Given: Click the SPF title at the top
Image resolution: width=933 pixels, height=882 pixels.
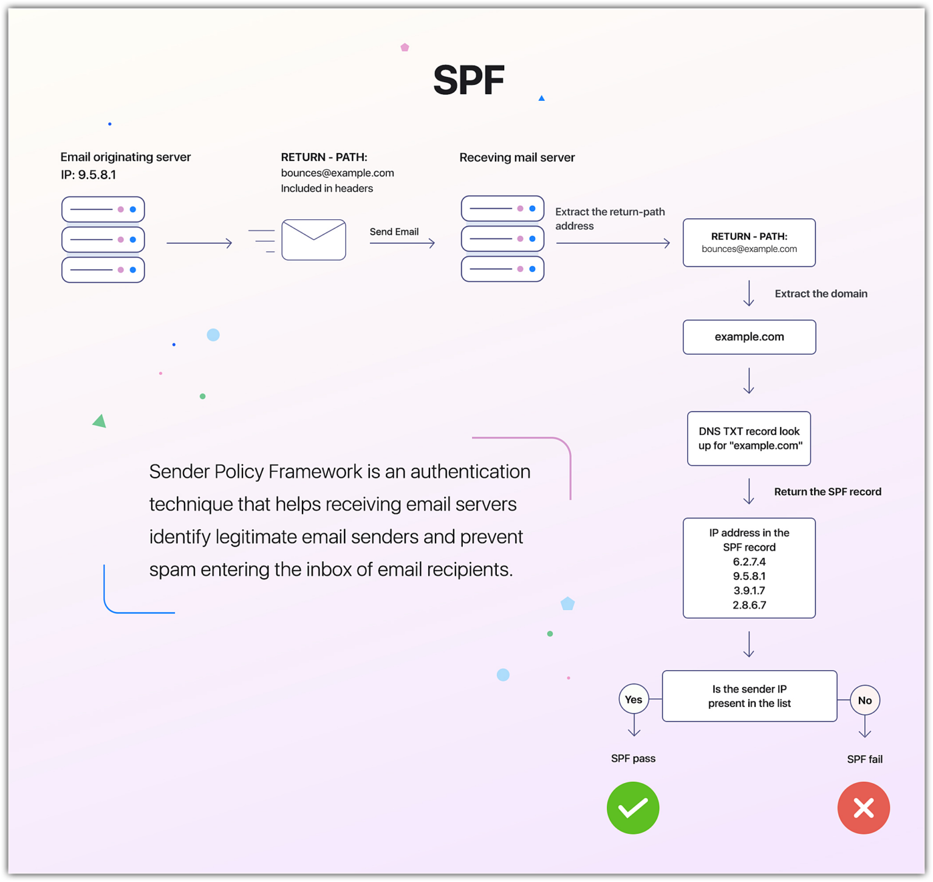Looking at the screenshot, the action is pyautogui.click(x=468, y=80).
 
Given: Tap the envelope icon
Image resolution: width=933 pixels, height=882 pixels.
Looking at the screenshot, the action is pyautogui.click(x=313, y=240).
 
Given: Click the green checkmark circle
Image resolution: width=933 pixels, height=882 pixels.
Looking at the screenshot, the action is pyautogui.click(x=633, y=808).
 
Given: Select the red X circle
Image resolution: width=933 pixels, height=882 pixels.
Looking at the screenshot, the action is pyautogui.click(x=864, y=808).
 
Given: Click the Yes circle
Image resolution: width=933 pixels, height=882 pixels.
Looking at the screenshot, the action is pyautogui.click(x=634, y=700).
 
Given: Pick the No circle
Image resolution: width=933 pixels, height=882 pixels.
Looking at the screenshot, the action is pyautogui.click(x=865, y=700).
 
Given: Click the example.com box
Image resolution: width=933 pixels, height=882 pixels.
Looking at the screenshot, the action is pyautogui.click(x=749, y=337).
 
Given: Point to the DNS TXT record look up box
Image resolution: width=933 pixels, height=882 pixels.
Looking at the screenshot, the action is pyautogui.click(x=749, y=439).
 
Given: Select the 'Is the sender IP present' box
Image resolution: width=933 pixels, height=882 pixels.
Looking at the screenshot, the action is pyautogui.click(x=750, y=696).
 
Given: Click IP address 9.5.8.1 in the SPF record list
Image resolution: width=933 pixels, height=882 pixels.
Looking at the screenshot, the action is pyautogui.click(x=749, y=576).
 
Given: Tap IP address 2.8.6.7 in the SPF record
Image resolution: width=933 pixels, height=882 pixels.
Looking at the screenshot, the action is pyautogui.click(x=749, y=605).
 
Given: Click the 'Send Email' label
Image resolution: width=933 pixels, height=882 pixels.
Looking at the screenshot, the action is pyautogui.click(x=394, y=232).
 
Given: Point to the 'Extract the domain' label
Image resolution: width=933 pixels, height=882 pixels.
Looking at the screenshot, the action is pyautogui.click(x=821, y=294).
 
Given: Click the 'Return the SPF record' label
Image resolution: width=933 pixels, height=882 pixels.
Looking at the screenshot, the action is pyautogui.click(x=827, y=492).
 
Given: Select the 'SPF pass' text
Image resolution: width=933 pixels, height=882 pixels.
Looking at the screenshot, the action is pyautogui.click(x=633, y=759).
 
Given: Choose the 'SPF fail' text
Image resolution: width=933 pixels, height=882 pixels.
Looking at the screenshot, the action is pyautogui.click(x=864, y=759).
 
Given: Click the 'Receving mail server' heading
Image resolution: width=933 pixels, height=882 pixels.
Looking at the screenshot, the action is pyautogui.click(x=517, y=158).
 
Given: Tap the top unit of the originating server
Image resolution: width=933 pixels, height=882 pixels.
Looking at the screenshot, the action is pyautogui.click(x=103, y=210).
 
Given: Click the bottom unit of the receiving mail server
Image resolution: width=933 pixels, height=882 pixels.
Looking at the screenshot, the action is pyautogui.click(x=502, y=269).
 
